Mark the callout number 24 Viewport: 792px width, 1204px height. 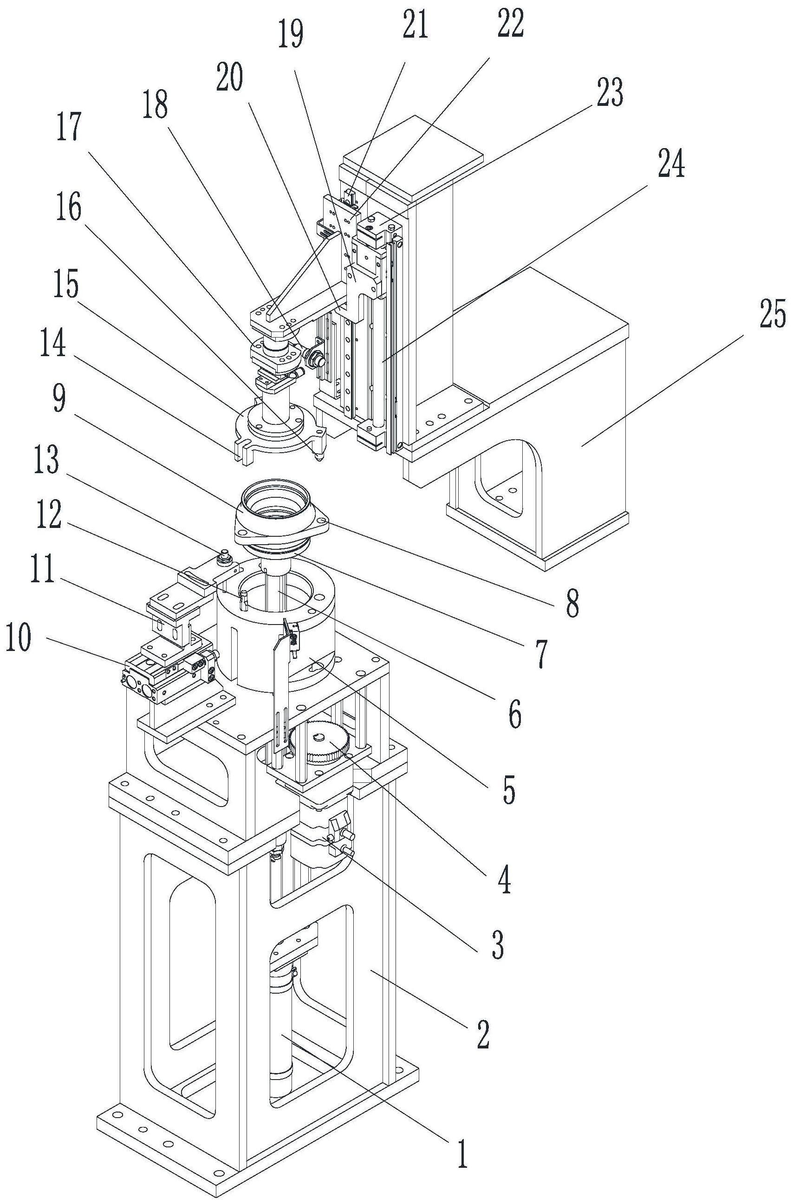[671, 165]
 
